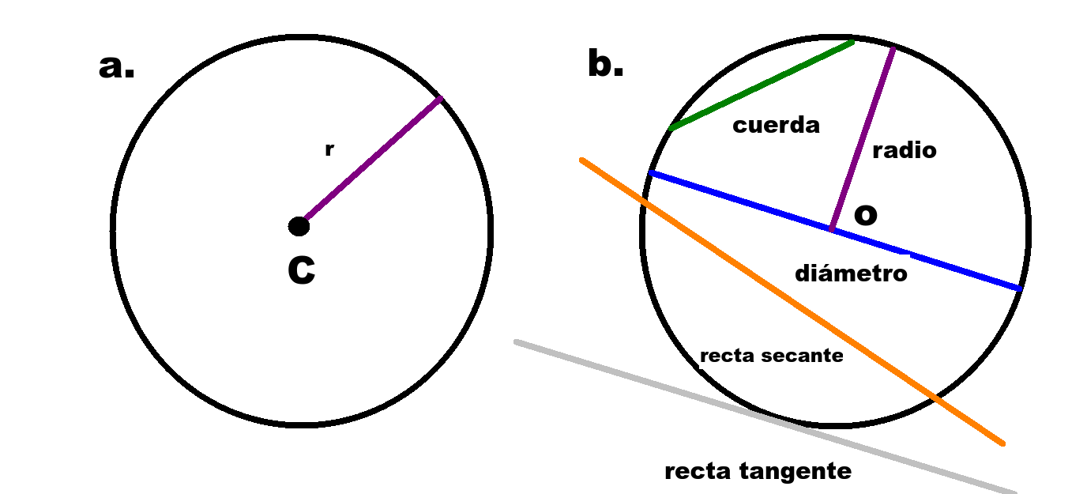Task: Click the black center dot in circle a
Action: pos(299,227)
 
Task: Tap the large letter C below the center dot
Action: pos(301,270)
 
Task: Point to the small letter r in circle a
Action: pos(329,149)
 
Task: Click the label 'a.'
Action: pos(116,67)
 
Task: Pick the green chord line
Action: pos(761,85)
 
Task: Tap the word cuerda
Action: pos(776,125)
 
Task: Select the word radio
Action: pos(905,150)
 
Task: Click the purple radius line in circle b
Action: pos(863,138)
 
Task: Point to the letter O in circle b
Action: pos(866,214)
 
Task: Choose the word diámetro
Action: pos(851,273)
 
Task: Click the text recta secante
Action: pos(771,356)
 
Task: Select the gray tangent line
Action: pos(632,376)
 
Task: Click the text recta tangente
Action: pos(758,472)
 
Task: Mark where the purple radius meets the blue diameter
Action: pos(832,230)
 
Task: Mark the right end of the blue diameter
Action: pos(1020,289)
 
